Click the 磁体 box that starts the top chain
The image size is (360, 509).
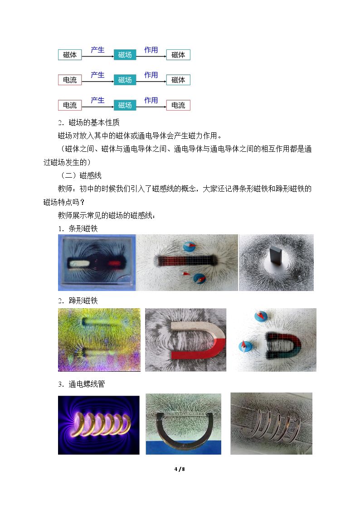click(x=70, y=55)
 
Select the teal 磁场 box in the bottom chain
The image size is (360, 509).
click(x=125, y=106)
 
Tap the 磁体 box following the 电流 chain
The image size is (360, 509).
click(x=178, y=80)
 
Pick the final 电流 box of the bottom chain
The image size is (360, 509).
click(x=178, y=106)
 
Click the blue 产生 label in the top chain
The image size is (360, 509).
click(x=98, y=50)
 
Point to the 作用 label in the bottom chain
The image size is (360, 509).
click(x=151, y=100)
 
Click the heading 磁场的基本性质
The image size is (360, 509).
click(x=94, y=122)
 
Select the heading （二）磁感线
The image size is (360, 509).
click(x=81, y=175)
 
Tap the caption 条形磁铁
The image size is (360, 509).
click(x=83, y=228)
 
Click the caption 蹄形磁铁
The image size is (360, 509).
click(x=83, y=301)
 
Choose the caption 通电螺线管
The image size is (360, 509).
click(x=87, y=384)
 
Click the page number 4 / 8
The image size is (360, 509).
click(x=180, y=469)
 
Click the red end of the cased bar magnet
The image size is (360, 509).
click(x=114, y=263)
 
